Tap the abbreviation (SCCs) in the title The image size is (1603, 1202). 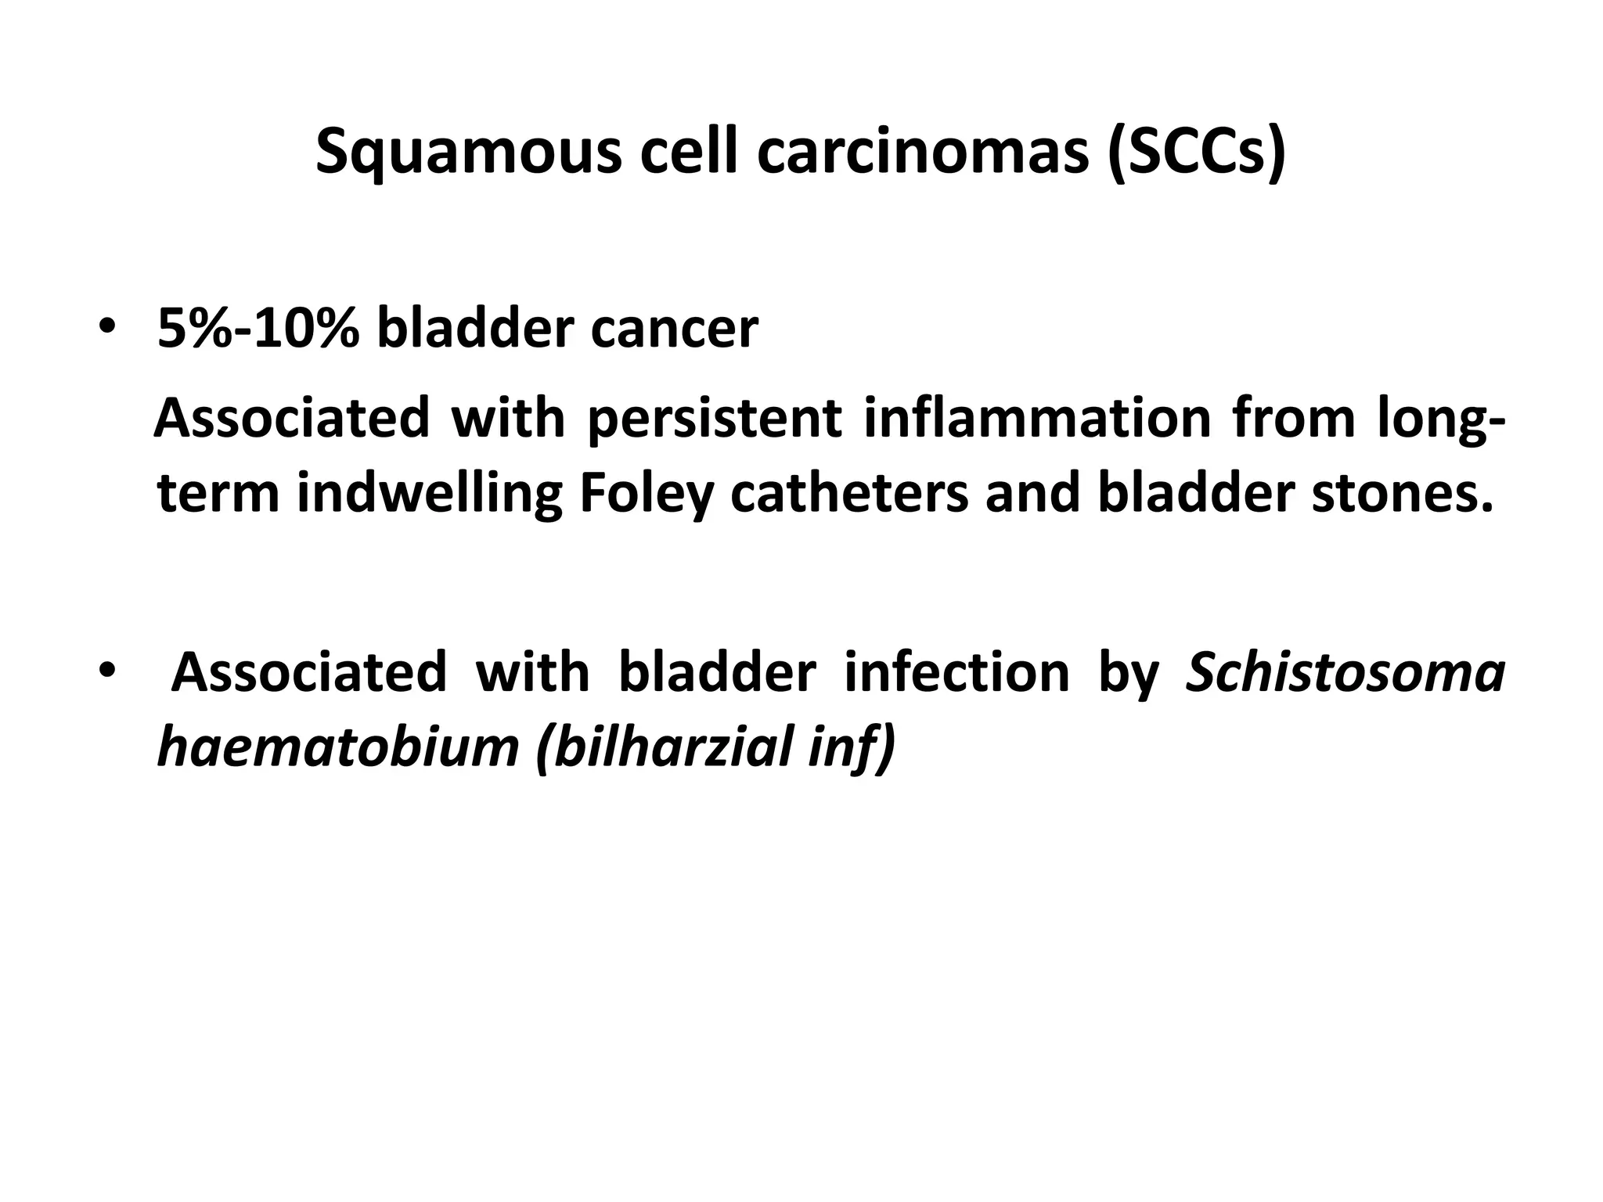coord(1197,153)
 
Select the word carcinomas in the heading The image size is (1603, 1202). coord(923,153)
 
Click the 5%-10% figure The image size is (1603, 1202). coord(258,329)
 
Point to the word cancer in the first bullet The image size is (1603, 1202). coord(674,329)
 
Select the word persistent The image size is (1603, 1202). coord(714,418)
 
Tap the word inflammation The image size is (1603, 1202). coord(1038,418)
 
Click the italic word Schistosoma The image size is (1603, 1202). coord(1345,671)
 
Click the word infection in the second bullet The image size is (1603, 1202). coord(956,671)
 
